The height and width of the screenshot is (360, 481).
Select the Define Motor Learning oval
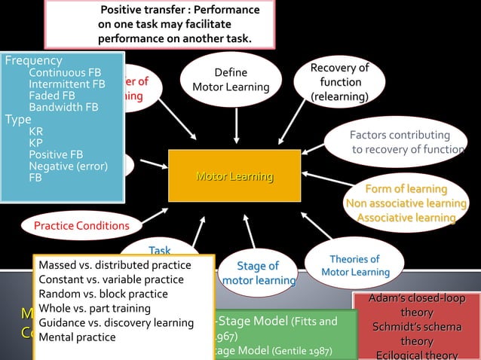tap(231, 80)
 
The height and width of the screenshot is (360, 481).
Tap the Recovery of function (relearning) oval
tap(339, 82)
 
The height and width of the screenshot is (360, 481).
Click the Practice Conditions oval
tap(81, 225)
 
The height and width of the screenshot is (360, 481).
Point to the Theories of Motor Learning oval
tap(354, 265)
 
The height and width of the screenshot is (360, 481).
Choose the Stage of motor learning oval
tap(257, 273)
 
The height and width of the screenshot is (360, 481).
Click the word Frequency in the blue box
tap(34, 60)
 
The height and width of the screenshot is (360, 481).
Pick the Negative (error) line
tap(68, 166)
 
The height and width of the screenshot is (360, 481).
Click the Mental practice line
tap(77, 337)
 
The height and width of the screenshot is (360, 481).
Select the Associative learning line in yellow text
tap(406, 218)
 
